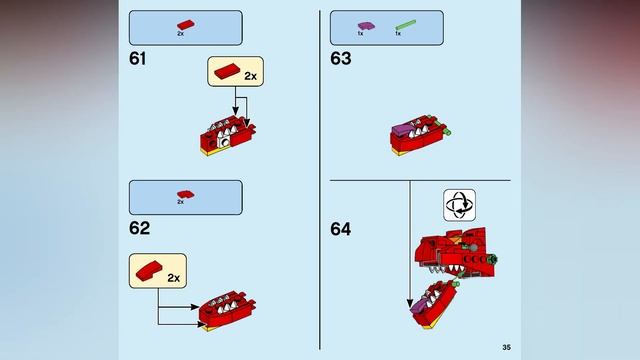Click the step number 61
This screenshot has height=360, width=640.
138,58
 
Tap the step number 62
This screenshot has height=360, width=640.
139,228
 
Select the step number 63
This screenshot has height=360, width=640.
341,58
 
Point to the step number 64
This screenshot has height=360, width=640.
341,229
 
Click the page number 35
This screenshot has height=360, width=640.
506,347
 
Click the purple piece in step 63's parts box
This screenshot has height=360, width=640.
367,23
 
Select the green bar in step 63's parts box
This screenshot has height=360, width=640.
406,23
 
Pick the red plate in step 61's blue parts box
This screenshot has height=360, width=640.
185,23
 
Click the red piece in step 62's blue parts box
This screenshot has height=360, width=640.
185,193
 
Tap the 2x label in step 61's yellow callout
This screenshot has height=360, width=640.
250,74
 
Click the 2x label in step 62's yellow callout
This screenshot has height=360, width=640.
174,276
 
